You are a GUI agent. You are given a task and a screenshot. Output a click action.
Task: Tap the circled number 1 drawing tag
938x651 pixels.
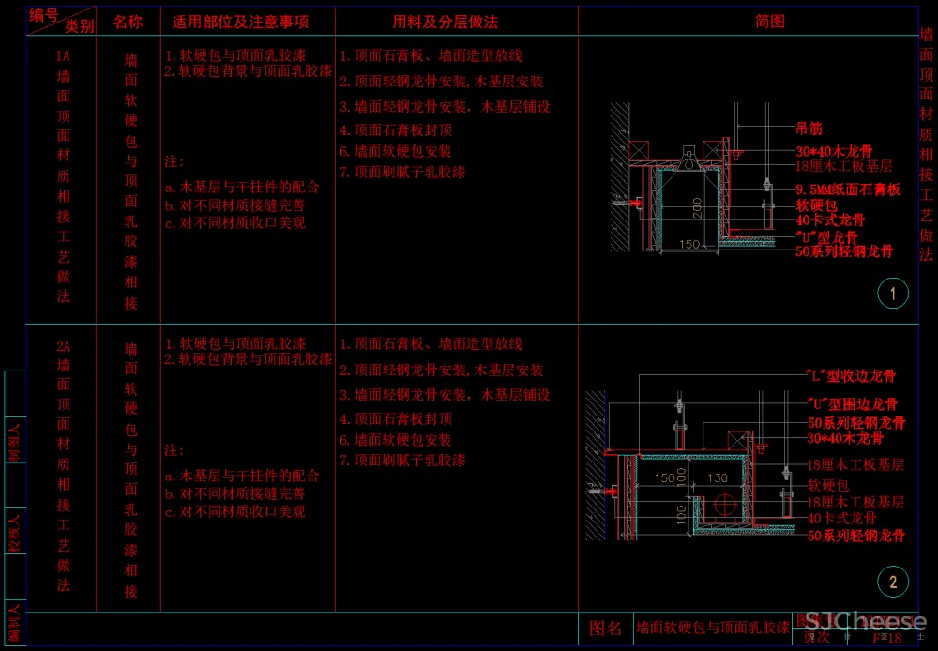pyautogui.click(x=892, y=295)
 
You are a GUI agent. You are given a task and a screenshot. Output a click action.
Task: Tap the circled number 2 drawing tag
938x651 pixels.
pyautogui.click(x=892, y=583)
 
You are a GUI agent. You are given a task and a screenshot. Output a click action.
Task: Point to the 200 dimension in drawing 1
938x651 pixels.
pyautogui.click(x=697, y=208)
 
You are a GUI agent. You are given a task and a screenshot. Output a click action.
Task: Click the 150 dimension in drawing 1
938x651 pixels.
pyautogui.click(x=689, y=245)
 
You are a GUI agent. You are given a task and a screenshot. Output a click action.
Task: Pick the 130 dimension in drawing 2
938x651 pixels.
pyautogui.click(x=717, y=478)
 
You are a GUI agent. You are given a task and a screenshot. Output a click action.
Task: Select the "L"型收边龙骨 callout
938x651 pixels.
pyautogui.click(x=852, y=376)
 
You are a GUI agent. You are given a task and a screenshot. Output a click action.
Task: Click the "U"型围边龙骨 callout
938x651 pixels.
pyautogui.click(x=852, y=404)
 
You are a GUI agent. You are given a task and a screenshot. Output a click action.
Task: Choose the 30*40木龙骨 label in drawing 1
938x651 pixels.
pyautogui.click(x=834, y=150)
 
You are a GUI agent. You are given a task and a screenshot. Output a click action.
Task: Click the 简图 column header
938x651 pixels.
pyautogui.click(x=770, y=21)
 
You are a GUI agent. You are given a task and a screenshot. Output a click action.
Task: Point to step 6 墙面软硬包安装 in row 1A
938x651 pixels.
pyautogui.click(x=395, y=151)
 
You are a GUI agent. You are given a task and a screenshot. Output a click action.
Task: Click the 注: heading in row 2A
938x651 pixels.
pyautogui.click(x=174, y=451)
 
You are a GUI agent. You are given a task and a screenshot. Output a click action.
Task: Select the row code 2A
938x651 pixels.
pyautogui.click(x=64, y=346)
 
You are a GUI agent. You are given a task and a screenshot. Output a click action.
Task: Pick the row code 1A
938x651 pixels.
pyautogui.click(x=64, y=56)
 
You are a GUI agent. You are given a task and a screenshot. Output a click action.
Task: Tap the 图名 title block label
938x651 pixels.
pyautogui.click(x=605, y=628)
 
